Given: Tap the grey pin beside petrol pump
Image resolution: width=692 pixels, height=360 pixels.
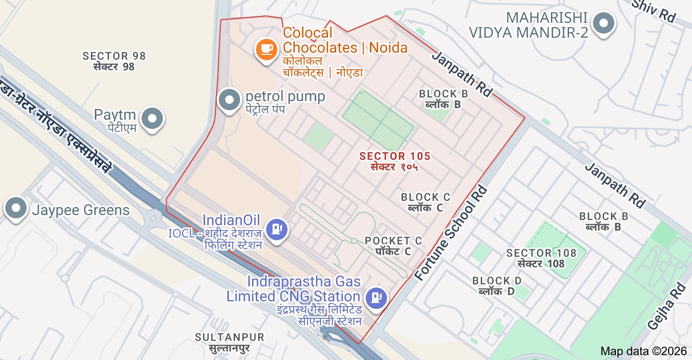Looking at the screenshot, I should [230, 100].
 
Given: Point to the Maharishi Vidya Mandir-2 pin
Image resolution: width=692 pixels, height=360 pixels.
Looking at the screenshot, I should [603, 23].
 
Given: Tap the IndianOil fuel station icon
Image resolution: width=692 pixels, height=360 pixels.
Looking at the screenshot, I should [276, 229].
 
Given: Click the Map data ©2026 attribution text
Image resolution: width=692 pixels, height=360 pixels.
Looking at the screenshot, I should [644, 351].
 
